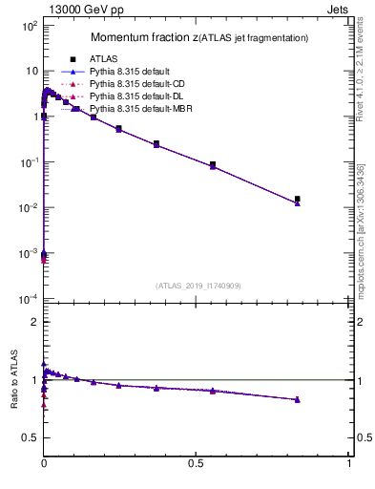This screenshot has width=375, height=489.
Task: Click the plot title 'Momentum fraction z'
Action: pos(143,37)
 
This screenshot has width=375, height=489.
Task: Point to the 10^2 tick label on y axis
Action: pos(27,26)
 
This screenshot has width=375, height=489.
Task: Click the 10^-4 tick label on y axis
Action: pos(27,299)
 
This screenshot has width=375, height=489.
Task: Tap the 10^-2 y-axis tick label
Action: pos(27,208)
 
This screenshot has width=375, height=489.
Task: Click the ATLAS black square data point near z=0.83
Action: pos(298,199)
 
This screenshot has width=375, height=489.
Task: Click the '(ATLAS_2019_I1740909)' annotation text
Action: pos(197,286)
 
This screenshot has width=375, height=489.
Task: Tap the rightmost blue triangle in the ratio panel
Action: pos(298,399)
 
